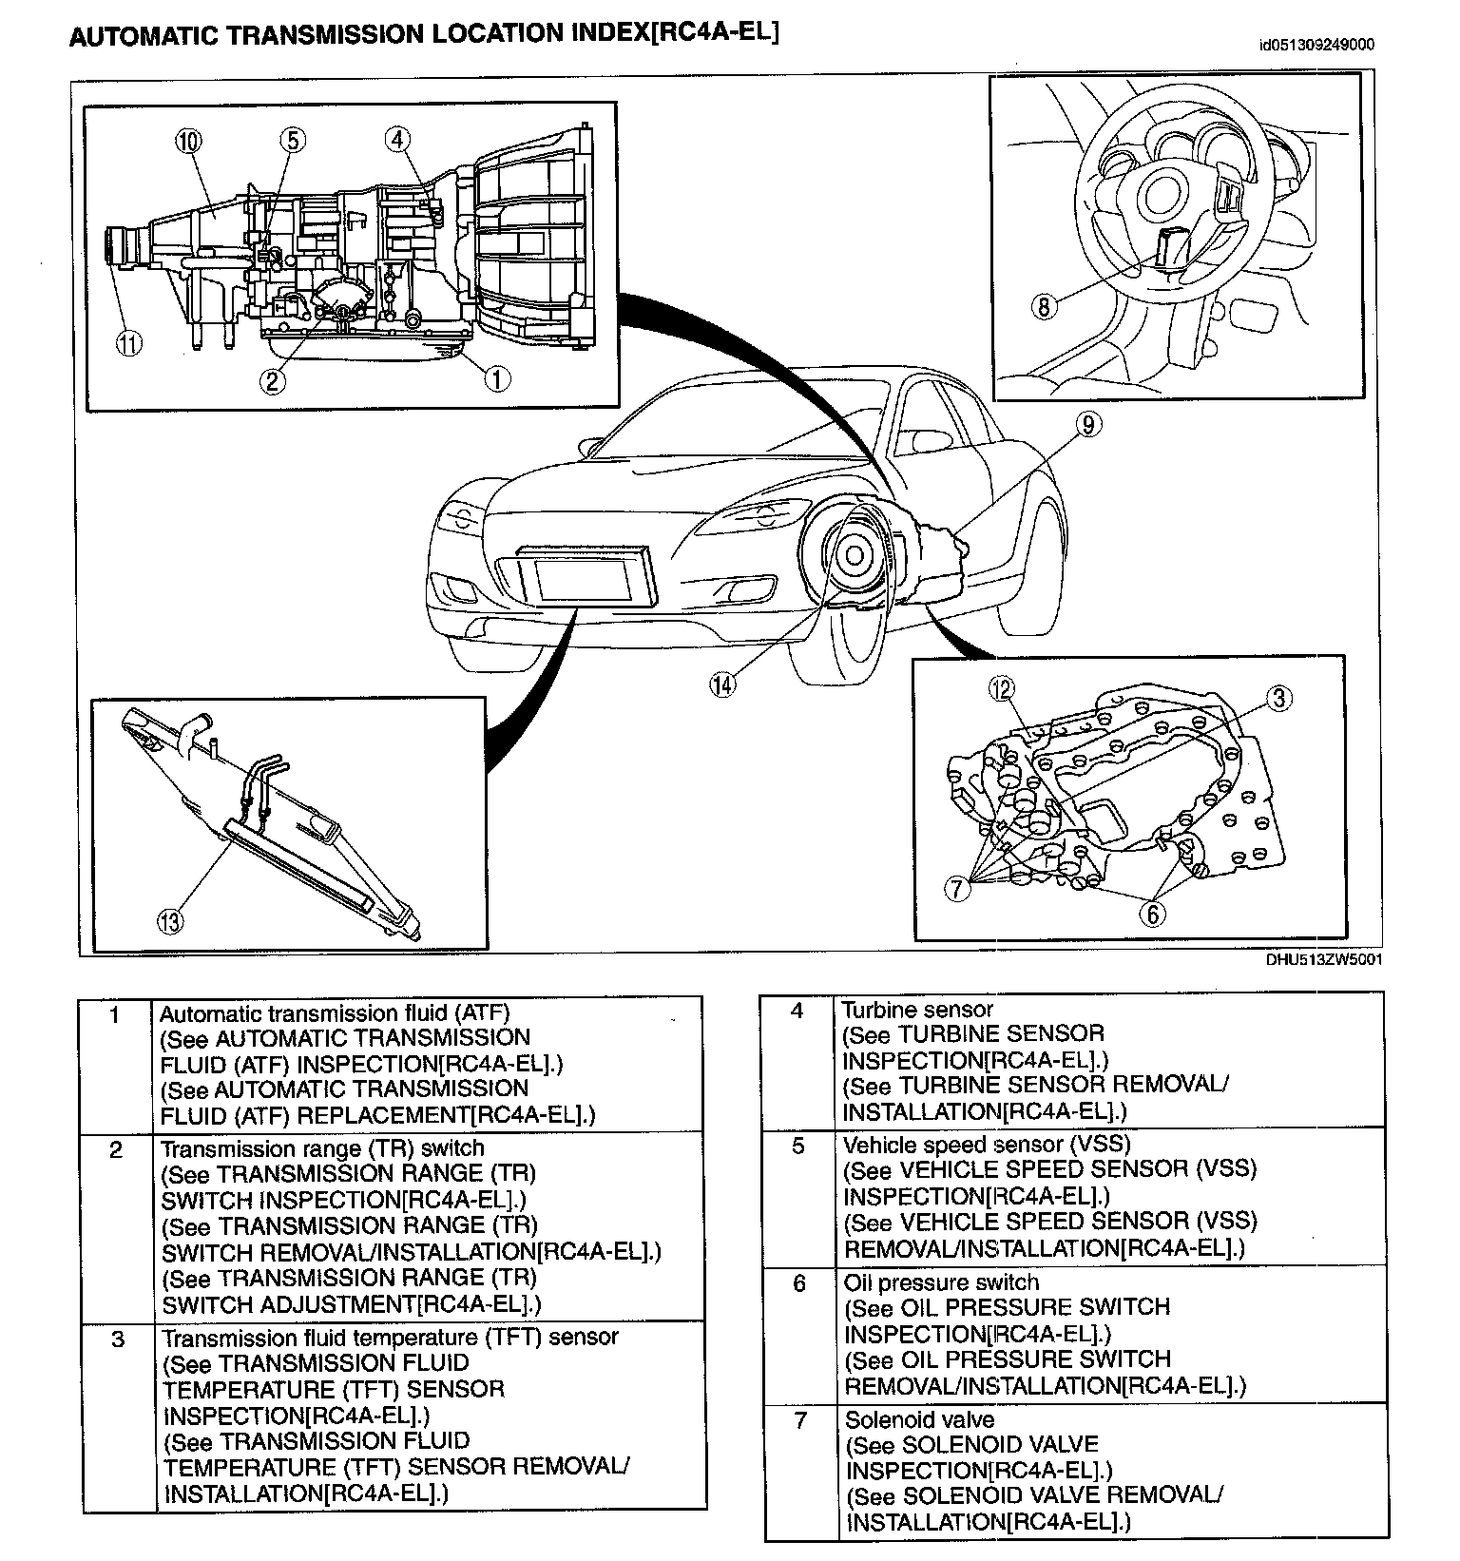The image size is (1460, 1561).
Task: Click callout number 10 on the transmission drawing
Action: pos(188,142)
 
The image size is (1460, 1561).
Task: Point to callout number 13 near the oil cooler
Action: pos(170,920)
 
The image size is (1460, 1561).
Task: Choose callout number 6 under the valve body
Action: pos(1152,914)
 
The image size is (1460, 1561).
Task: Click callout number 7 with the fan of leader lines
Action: pos(957,889)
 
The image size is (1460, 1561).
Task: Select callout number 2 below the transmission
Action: pos(273,380)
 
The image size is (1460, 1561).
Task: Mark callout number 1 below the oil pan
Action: pos(496,378)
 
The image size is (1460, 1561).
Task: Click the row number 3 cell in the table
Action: pos(117,1339)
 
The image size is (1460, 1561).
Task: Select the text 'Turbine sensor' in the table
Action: pos(917,1010)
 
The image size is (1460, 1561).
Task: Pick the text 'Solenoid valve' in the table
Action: pos(919,1420)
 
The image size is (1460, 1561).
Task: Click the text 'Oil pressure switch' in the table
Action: pos(941,1282)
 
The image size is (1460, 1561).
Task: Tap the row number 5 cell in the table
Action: pos(798,1147)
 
